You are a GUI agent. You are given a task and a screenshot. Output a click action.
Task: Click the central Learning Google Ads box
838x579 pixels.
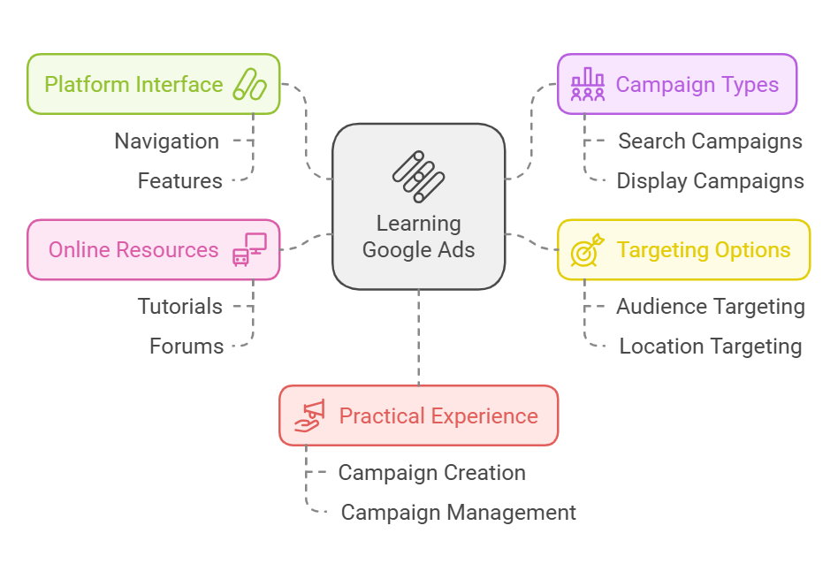point(418,207)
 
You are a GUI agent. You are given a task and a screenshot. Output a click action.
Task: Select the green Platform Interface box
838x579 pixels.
point(153,85)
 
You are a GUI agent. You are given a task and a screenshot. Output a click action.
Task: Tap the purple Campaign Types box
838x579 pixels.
point(676,85)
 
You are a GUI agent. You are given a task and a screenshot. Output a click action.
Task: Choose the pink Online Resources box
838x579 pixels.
point(153,250)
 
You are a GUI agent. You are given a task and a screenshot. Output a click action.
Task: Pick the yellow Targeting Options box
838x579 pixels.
point(683,250)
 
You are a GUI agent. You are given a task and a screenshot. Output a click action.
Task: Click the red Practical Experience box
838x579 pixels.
point(418,415)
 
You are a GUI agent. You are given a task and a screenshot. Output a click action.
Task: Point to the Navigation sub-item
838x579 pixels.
point(167,141)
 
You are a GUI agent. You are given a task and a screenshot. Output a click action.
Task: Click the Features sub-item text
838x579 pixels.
point(180,181)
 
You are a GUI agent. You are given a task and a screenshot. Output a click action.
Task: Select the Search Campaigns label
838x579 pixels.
point(710,141)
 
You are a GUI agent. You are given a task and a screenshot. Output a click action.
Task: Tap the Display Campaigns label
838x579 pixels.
point(710,181)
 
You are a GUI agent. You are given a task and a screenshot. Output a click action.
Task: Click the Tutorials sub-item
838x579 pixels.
point(180,307)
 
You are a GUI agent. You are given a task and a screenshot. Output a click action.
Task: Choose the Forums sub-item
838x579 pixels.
point(187,347)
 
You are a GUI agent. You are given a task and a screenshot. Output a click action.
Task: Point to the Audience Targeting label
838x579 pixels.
point(710,307)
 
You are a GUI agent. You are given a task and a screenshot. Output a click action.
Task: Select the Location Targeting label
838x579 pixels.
point(710,347)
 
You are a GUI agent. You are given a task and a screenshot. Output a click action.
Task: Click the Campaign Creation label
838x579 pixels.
point(431,473)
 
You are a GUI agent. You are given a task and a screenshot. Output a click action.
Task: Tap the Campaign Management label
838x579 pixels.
point(458,513)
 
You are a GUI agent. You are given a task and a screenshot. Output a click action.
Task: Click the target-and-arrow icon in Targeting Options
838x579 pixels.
point(587,250)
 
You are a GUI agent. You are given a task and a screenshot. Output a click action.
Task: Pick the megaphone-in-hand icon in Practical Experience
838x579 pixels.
point(309,415)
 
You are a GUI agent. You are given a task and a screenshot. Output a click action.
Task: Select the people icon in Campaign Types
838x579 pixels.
point(588,85)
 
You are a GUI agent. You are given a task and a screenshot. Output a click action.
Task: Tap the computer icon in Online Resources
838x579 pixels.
point(249,250)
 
